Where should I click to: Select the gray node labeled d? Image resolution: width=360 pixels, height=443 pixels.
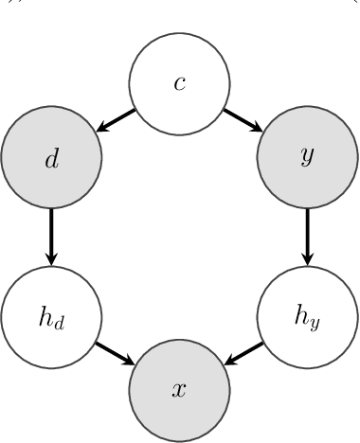pyautogui.click(x=51, y=157)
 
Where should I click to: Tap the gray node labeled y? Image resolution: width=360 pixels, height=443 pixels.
pyautogui.click(x=307, y=157)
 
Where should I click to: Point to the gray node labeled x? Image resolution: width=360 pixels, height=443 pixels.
pyautogui.click(x=179, y=390)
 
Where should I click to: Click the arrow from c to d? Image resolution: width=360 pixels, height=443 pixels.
pyautogui.click(x=116, y=120)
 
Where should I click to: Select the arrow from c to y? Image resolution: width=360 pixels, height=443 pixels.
pyautogui.click(x=243, y=120)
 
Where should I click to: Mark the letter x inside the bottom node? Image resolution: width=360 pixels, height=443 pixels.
pyautogui.click(x=179, y=391)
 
